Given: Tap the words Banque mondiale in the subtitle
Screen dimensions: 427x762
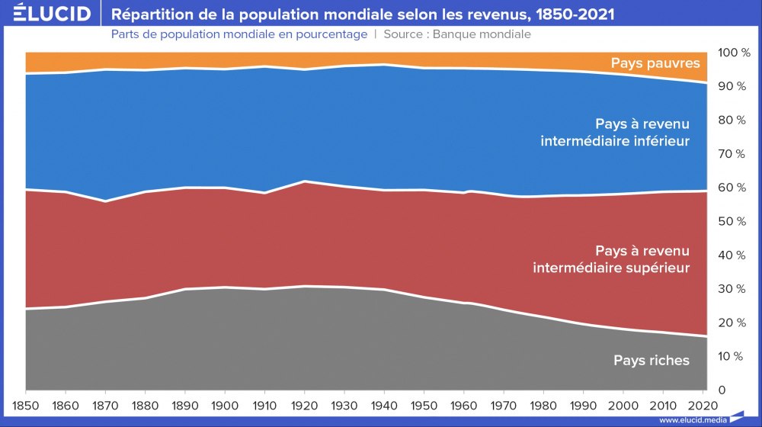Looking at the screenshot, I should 482,34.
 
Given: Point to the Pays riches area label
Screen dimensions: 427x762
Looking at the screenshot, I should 652,360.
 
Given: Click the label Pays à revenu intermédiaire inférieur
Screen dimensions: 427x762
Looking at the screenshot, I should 615,132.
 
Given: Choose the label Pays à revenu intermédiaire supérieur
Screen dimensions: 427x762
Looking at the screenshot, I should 611,259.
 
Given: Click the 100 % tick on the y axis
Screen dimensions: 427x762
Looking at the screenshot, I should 734,53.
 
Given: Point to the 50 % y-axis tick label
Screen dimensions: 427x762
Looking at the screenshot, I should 734,221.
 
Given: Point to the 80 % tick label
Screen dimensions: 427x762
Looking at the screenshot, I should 734,120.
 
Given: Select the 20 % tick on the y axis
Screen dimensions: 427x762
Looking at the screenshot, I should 734,323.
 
